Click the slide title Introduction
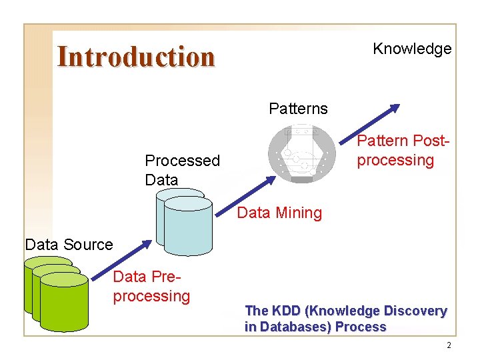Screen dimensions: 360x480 pos(136,57)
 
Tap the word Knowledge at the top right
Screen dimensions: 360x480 pos(412,49)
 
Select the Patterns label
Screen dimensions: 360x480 pos(298,109)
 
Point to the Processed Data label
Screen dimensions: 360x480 pos(182,170)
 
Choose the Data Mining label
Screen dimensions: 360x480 pos(279,213)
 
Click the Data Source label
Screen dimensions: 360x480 pos(69,245)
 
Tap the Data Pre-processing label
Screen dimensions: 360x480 pos(151,287)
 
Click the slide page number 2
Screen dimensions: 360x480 pos(449,345)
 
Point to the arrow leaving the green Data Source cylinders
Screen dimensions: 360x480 pos(120,260)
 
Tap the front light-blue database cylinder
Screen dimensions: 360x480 pos(188,227)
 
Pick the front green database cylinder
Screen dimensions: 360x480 pos(64,303)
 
